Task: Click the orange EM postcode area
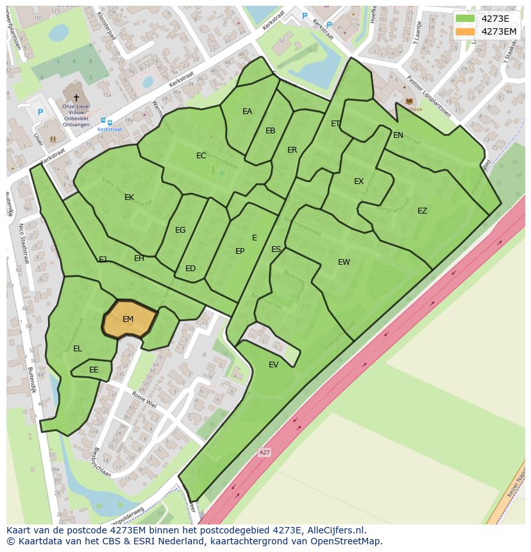point(129,319)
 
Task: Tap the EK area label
point(130,197)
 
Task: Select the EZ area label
point(422,211)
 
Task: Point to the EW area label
point(344,262)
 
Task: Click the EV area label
point(274,365)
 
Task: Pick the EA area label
point(247,112)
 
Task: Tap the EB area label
point(271,131)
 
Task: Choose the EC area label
point(201,156)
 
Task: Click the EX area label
point(358,181)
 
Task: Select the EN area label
point(398,135)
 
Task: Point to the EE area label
point(94,370)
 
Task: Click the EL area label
point(78,349)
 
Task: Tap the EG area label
point(180,230)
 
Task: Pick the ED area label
point(190,269)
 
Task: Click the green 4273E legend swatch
point(465,18)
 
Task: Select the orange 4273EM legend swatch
point(465,31)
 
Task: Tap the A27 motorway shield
point(264,453)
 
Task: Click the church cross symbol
point(76,97)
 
